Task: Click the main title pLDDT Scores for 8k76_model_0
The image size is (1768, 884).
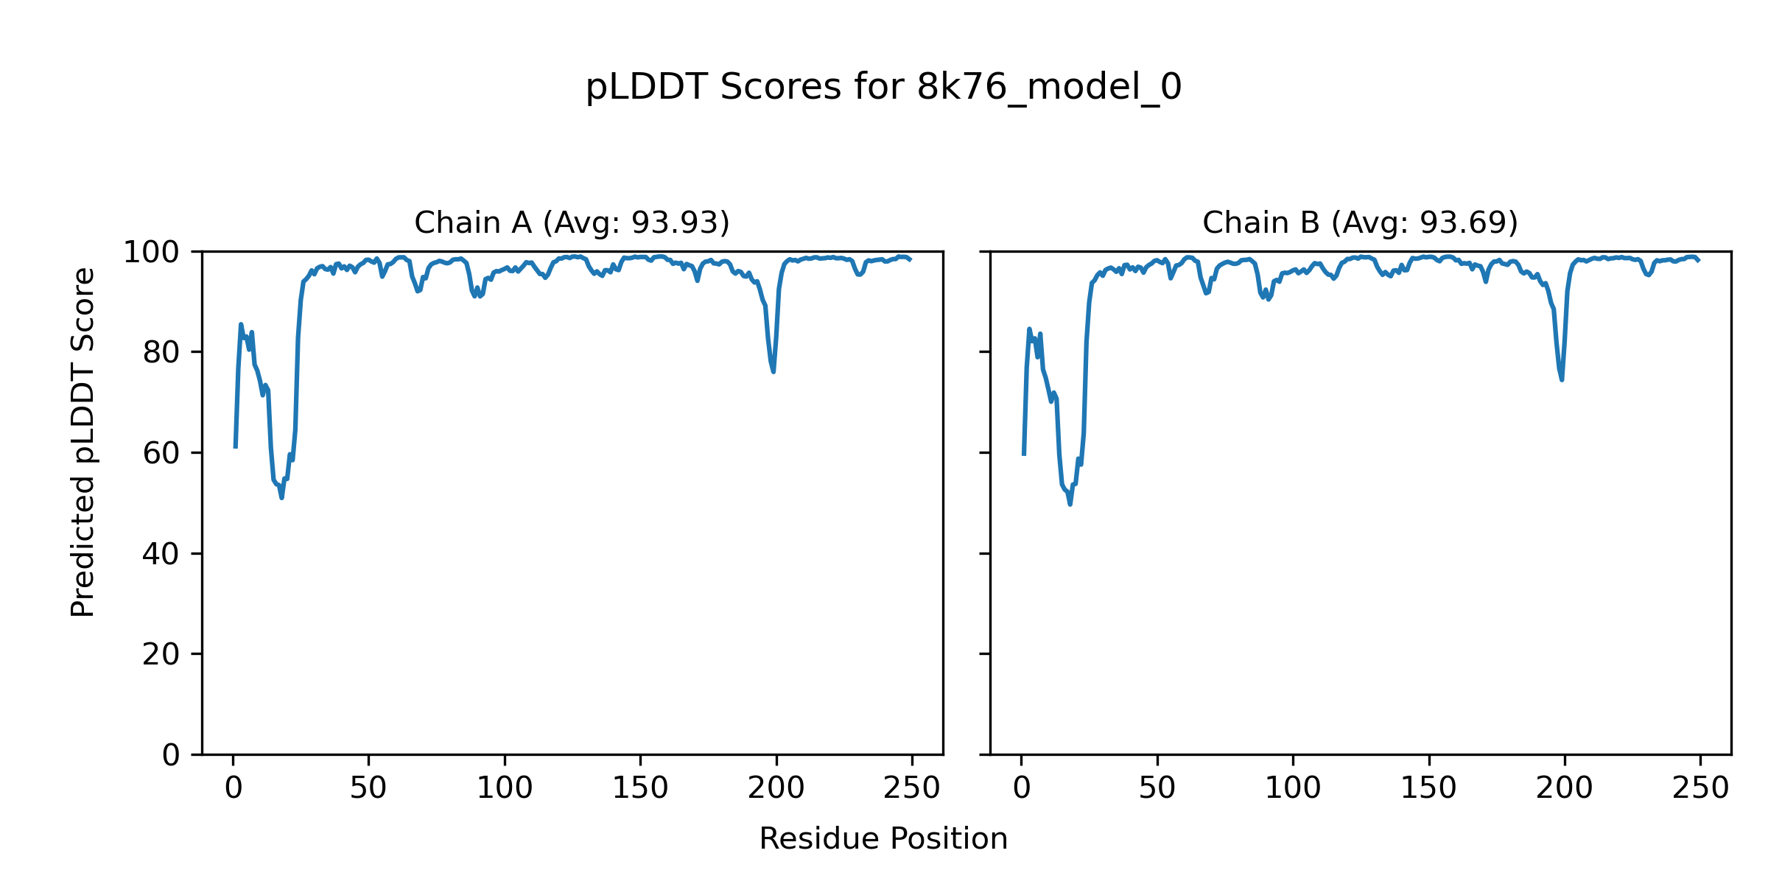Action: (x=883, y=88)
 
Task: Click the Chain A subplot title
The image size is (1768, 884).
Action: (x=572, y=222)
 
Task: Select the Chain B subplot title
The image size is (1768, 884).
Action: (x=1360, y=222)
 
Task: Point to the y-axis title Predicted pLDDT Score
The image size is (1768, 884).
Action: (x=83, y=442)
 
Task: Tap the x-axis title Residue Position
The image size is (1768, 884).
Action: (x=883, y=839)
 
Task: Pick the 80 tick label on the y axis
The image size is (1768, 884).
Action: (x=161, y=353)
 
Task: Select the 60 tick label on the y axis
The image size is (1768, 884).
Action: (x=161, y=453)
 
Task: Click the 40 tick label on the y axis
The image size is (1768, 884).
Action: (x=161, y=554)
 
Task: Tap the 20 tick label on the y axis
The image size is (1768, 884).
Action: (x=161, y=654)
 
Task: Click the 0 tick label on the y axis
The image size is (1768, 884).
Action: (x=171, y=755)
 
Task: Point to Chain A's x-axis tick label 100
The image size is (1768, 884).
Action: (x=505, y=789)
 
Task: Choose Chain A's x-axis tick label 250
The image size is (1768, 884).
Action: (x=912, y=789)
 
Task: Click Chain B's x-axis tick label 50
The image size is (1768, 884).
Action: (x=1157, y=789)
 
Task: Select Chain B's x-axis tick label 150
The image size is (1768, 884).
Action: (x=1429, y=789)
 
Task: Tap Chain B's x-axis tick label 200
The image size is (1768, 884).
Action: (x=1565, y=789)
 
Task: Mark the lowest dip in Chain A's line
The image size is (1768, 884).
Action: (x=281, y=498)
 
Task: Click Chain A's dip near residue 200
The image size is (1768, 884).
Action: (x=773, y=371)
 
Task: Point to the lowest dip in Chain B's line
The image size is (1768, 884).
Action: (x=1070, y=504)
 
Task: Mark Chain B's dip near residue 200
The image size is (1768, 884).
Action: (x=1562, y=379)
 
